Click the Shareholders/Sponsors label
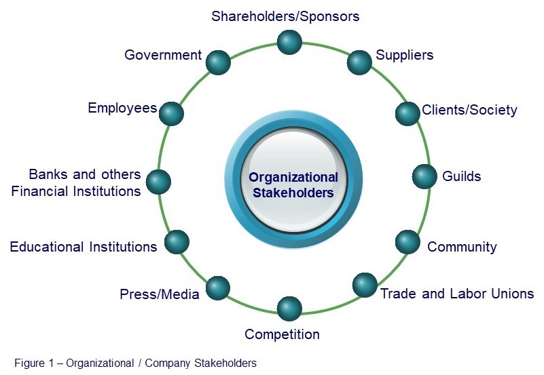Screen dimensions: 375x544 [285, 15]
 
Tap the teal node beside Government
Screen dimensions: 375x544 [217, 62]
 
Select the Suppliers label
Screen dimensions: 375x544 [404, 55]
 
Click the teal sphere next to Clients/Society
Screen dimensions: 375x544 [407, 113]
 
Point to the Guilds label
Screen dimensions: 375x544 [461, 176]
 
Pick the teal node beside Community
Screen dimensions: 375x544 [407, 242]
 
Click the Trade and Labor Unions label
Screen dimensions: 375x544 [456, 294]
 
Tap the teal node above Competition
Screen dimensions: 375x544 [289, 309]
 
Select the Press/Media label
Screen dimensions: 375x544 [160, 294]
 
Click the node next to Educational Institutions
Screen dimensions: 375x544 [177, 242]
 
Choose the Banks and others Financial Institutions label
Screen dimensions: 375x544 [76, 183]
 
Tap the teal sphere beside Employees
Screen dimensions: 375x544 [171, 113]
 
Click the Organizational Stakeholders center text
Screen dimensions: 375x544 [293, 184]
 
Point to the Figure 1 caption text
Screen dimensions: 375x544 [135, 363]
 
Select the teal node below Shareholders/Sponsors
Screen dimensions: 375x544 [289, 42]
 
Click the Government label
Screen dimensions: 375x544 [163, 55]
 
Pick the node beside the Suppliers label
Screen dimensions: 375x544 [359, 62]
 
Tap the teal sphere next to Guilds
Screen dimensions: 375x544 [424, 176]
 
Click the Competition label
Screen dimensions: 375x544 [282, 334]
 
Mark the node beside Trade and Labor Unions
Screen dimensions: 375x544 [365, 285]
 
